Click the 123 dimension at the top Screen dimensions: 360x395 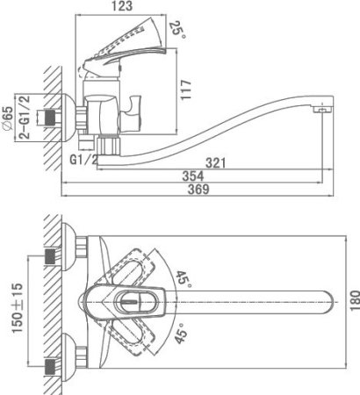[x=122, y=6]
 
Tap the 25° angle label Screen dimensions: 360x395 [x=177, y=29]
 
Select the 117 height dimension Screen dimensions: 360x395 [x=186, y=90]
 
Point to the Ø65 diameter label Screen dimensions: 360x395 [x=7, y=118]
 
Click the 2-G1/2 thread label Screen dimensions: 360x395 [x=25, y=117]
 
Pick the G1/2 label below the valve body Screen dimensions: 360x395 [x=83, y=160]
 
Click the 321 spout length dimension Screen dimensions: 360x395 [x=216, y=163]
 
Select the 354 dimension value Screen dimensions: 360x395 [x=193, y=176]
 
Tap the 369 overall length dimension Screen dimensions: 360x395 [x=198, y=190]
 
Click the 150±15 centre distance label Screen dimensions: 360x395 [x=17, y=308]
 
